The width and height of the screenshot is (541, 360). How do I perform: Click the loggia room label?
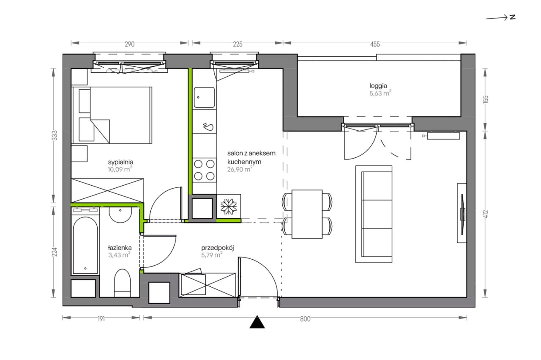click(x=378, y=86)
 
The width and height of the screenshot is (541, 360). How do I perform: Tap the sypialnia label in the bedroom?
click(x=120, y=162)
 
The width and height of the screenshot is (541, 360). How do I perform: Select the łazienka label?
click(x=120, y=247)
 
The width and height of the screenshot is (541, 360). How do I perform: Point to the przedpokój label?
click(x=218, y=248)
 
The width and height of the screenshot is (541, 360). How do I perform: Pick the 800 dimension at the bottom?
click(x=305, y=319)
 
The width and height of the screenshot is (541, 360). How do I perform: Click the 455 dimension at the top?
click(x=375, y=44)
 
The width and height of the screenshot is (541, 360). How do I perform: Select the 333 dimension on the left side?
click(x=55, y=135)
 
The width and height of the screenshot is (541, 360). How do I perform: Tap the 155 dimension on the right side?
click(x=486, y=99)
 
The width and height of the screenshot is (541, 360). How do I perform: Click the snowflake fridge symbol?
click(x=229, y=206)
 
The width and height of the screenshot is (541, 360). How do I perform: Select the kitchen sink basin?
click(x=204, y=97)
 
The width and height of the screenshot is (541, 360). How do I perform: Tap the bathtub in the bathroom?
click(x=85, y=246)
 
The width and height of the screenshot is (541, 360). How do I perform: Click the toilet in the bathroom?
click(x=122, y=283)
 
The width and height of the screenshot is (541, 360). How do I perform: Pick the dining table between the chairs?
click(x=307, y=214)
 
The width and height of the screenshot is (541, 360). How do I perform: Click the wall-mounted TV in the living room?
click(x=462, y=213)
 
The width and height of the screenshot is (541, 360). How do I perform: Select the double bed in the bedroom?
click(x=112, y=115)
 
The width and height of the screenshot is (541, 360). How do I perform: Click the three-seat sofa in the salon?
click(x=374, y=214)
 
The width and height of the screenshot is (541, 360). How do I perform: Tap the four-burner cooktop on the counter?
click(x=204, y=170)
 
